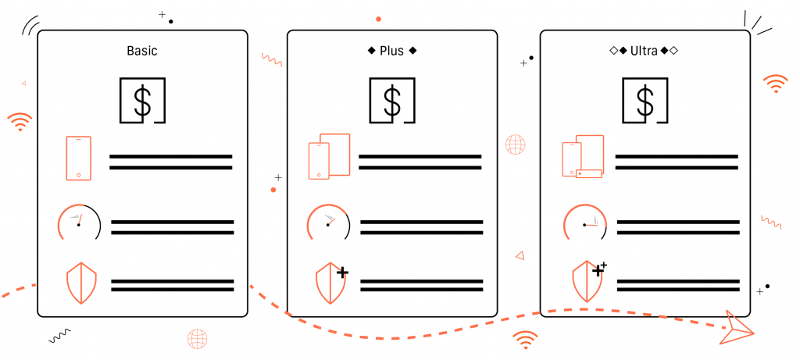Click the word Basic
pyautogui.click(x=142, y=51)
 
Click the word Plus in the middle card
pyautogui.click(x=392, y=51)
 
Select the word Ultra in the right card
pyautogui.click(x=644, y=51)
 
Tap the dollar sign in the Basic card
pyautogui.click(x=142, y=101)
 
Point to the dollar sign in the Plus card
pyautogui.click(x=392, y=101)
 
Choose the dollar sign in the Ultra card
pyautogui.click(x=645, y=101)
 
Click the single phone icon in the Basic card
pyautogui.click(x=79, y=158)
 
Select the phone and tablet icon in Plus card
pyautogui.click(x=329, y=156)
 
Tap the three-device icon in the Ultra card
pyautogui.click(x=583, y=156)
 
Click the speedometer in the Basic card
pyautogui.click(x=79, y=222)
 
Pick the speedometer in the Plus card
pyautogui.click(x=329, y=222)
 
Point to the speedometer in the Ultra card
pyautogui.click(x=585, y=222)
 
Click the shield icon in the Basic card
pyautogui.click(x=81, y=283)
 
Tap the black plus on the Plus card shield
pyautogui.click(x=342, y=273)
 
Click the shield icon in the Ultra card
pyautogui.click(x=587, y=282)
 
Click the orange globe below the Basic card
pyautogui.click(x=198, y=339)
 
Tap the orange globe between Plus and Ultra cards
pyautogui.click(x=516, y=144)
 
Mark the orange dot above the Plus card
pyautogui.click(x=379, y=19)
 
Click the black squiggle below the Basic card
pyautogui.click(x=59, y=336)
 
